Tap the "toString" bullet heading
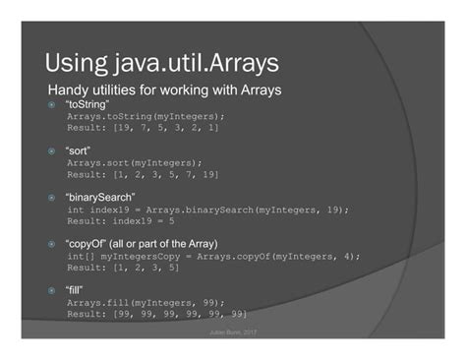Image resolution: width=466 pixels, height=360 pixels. (87, 103)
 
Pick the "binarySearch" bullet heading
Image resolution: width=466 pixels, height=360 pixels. (100, 198)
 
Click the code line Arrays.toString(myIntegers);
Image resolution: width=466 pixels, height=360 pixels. (146, 115)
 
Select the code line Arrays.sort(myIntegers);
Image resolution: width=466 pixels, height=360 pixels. (135, 162)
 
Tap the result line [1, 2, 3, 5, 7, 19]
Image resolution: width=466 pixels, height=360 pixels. (143, 174)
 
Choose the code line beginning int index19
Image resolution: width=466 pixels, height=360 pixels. (207, 210)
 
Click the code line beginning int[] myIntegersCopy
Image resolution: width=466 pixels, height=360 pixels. (213, 256)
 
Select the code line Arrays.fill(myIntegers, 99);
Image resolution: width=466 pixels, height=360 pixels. (146, 302)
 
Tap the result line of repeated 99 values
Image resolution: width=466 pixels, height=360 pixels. (156, 314)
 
